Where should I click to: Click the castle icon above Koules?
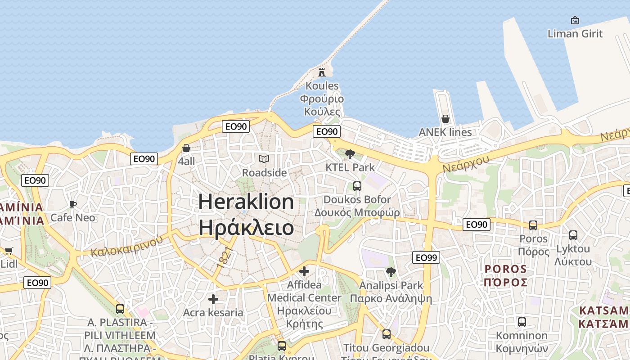tap(322, 72)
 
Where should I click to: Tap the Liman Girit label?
tap(575, 33)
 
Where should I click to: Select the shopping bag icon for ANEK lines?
tap(445, 119)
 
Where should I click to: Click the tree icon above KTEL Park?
tap(350, 154)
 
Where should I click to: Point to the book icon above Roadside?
tap(264, 159)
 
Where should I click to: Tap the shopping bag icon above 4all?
tap(186, 148)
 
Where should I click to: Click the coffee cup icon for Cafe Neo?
tap(73, 205)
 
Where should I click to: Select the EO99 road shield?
tap(426, 257)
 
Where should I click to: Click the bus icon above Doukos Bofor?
tap(357, 186)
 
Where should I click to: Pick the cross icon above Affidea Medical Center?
tap(304, 271)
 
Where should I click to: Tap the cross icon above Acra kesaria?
tap(213, 299)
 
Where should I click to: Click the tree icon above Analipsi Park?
tap(391, 272)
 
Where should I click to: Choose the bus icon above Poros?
tap(533, 225)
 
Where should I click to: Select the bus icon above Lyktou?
tap(573, 235)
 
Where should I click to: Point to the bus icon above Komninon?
tap(522, 322)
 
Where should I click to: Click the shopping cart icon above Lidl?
tap(9, 251)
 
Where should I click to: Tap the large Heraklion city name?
tap(246, 202)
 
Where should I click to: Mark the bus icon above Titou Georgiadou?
tap(387, 334)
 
